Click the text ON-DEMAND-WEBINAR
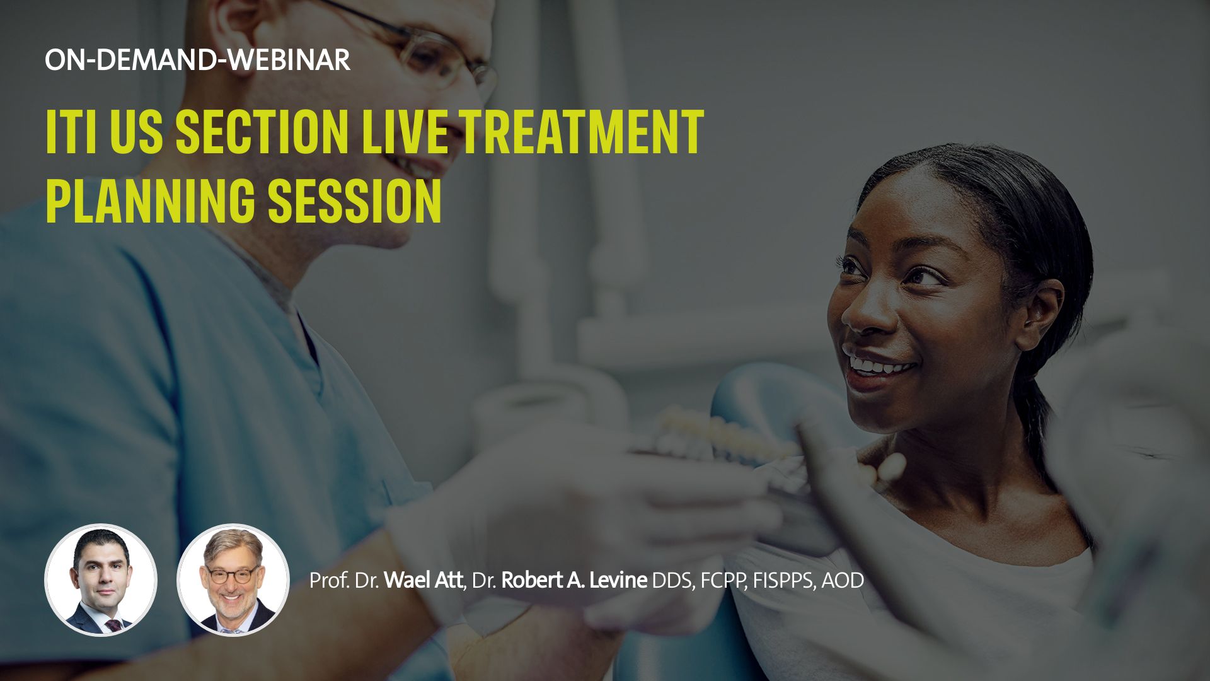click(x=197, y=60)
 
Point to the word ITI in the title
click(x=71, y=132)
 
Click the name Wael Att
click(x=423, y=580)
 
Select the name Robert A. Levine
click(x=574, y=580)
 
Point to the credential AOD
click(x=843, y=580)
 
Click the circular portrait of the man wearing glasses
click(x=233, y=580)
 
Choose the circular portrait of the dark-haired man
click(x=101, y=580)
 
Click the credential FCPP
click(x=723, y=580)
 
